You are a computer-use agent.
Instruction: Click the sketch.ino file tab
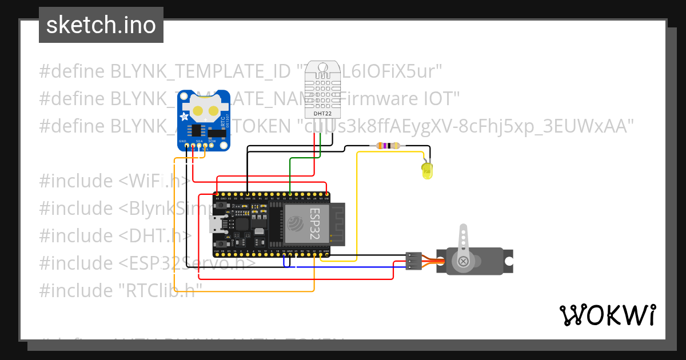point(101,25)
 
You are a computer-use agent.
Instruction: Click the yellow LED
point(426,171)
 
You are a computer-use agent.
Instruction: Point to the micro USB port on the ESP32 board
point(218,223)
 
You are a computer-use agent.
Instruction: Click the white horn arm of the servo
point(463,240)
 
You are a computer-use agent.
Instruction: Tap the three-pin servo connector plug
point(413,261)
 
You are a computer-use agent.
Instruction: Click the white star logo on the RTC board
point(184,117)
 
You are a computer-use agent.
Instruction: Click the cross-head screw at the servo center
point(463,262)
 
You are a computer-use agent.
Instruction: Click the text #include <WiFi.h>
point(114,181)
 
